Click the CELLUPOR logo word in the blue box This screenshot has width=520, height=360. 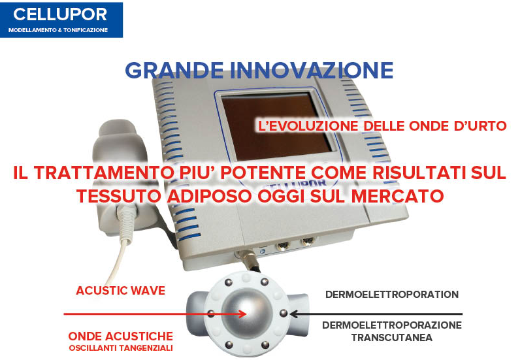pos(60,14)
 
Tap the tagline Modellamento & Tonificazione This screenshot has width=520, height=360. pos(58,30)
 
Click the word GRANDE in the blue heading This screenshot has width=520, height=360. pos(174,71)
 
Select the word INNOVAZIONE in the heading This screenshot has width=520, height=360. pos(312,71)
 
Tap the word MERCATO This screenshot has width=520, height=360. pos(397,196)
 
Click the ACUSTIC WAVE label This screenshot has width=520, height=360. pos(121,291)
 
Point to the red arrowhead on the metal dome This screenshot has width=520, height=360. pos(242,314)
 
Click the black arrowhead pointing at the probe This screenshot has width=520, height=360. pos(294,314)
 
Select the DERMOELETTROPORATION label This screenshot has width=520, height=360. pos(392,294)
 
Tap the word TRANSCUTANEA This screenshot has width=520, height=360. pos(392,338)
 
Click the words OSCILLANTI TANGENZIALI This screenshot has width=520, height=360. pos(121,348)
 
